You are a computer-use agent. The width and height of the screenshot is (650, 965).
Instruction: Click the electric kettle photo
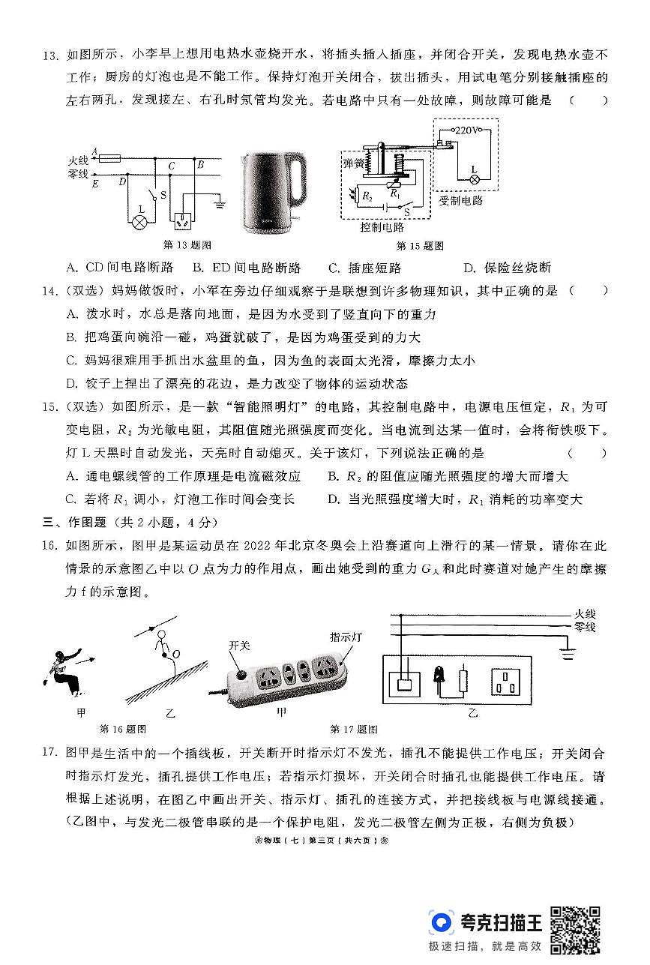[x=274, y=192]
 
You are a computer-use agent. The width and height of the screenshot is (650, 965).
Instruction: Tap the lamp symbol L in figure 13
[x=139, y=221]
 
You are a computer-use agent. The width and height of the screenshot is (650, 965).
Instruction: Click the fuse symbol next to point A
[x=110, y=158]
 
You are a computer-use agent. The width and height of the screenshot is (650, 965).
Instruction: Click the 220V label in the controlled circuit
[x=468, y=130]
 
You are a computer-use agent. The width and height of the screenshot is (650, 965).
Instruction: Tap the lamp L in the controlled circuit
[x=474, y=180]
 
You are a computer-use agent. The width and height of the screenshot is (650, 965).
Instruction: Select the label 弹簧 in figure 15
[x=352, y=163]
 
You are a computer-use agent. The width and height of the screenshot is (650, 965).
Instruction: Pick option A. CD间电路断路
[x=119, y=268]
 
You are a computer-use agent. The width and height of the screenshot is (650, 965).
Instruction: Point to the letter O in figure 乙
[x=177, y=655]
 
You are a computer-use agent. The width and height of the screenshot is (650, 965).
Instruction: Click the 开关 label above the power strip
[x=238, y=644]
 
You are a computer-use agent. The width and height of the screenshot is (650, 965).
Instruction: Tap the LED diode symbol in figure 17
[x=438, y=678]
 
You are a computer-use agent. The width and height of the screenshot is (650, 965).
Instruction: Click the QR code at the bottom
[x=575, y=929]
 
